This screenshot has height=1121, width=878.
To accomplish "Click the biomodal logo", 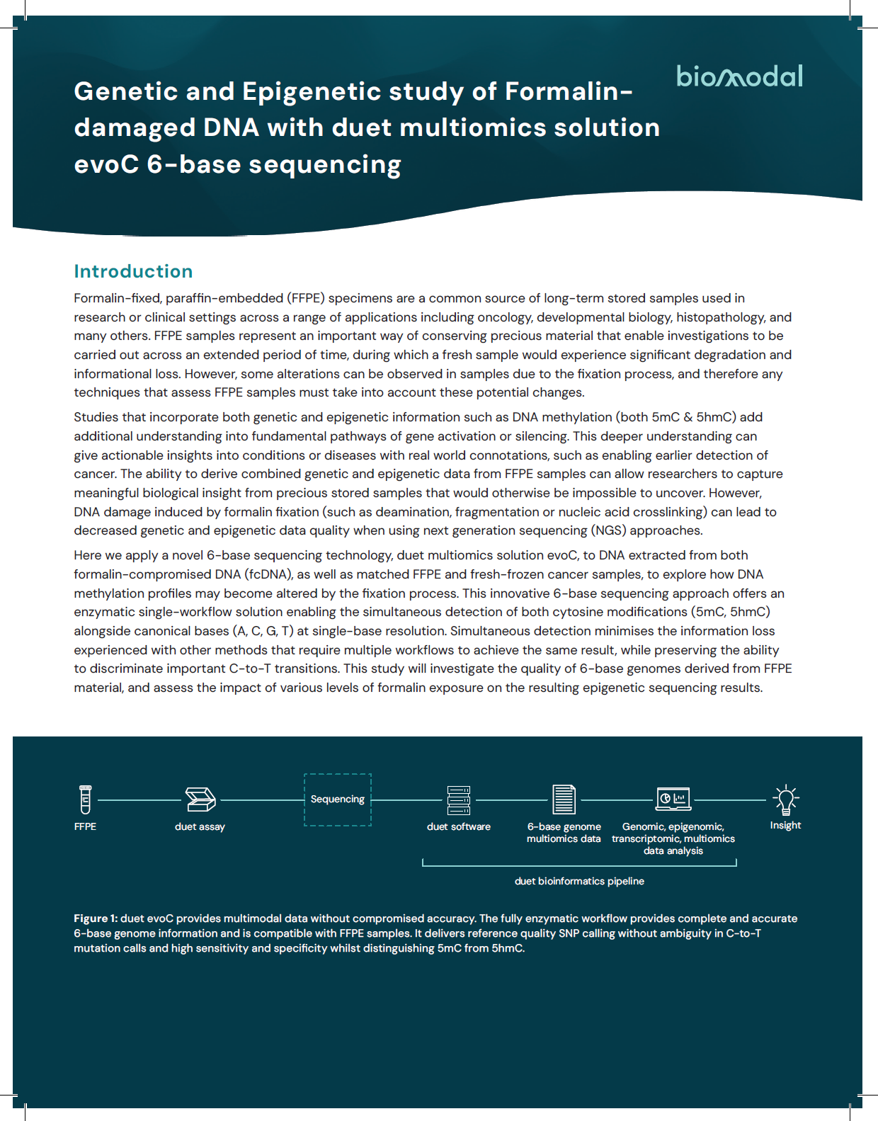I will click(x=739, y=76).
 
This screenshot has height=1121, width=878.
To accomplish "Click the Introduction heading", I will click(x=133, y=271).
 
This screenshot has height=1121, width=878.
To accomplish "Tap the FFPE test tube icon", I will click(x=86, y=800).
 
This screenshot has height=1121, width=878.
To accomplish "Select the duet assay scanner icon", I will click(x=200, y=800).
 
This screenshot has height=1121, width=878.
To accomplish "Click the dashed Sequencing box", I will click(x=338, y=800).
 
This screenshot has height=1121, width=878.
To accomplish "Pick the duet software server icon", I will click(x=459, y=800).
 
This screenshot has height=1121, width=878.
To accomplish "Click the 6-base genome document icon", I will click(x=564, y=800).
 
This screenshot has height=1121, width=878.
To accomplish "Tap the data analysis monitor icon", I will click(x=673, y=800).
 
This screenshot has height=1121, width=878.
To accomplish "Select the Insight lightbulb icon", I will click(x=785, y=799).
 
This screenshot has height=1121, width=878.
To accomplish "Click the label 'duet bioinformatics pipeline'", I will click(x=579, y=881).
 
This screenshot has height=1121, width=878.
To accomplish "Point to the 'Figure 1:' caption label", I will click(x=96, y=918).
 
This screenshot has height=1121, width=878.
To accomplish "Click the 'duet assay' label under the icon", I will click(x=200, y=826).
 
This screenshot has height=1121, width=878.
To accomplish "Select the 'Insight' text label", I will click(x=785, y=825).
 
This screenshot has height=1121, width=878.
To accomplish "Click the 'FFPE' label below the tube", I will click(x=85, y=826).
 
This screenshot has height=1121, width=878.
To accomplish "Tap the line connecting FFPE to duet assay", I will click(x=139, y=800).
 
